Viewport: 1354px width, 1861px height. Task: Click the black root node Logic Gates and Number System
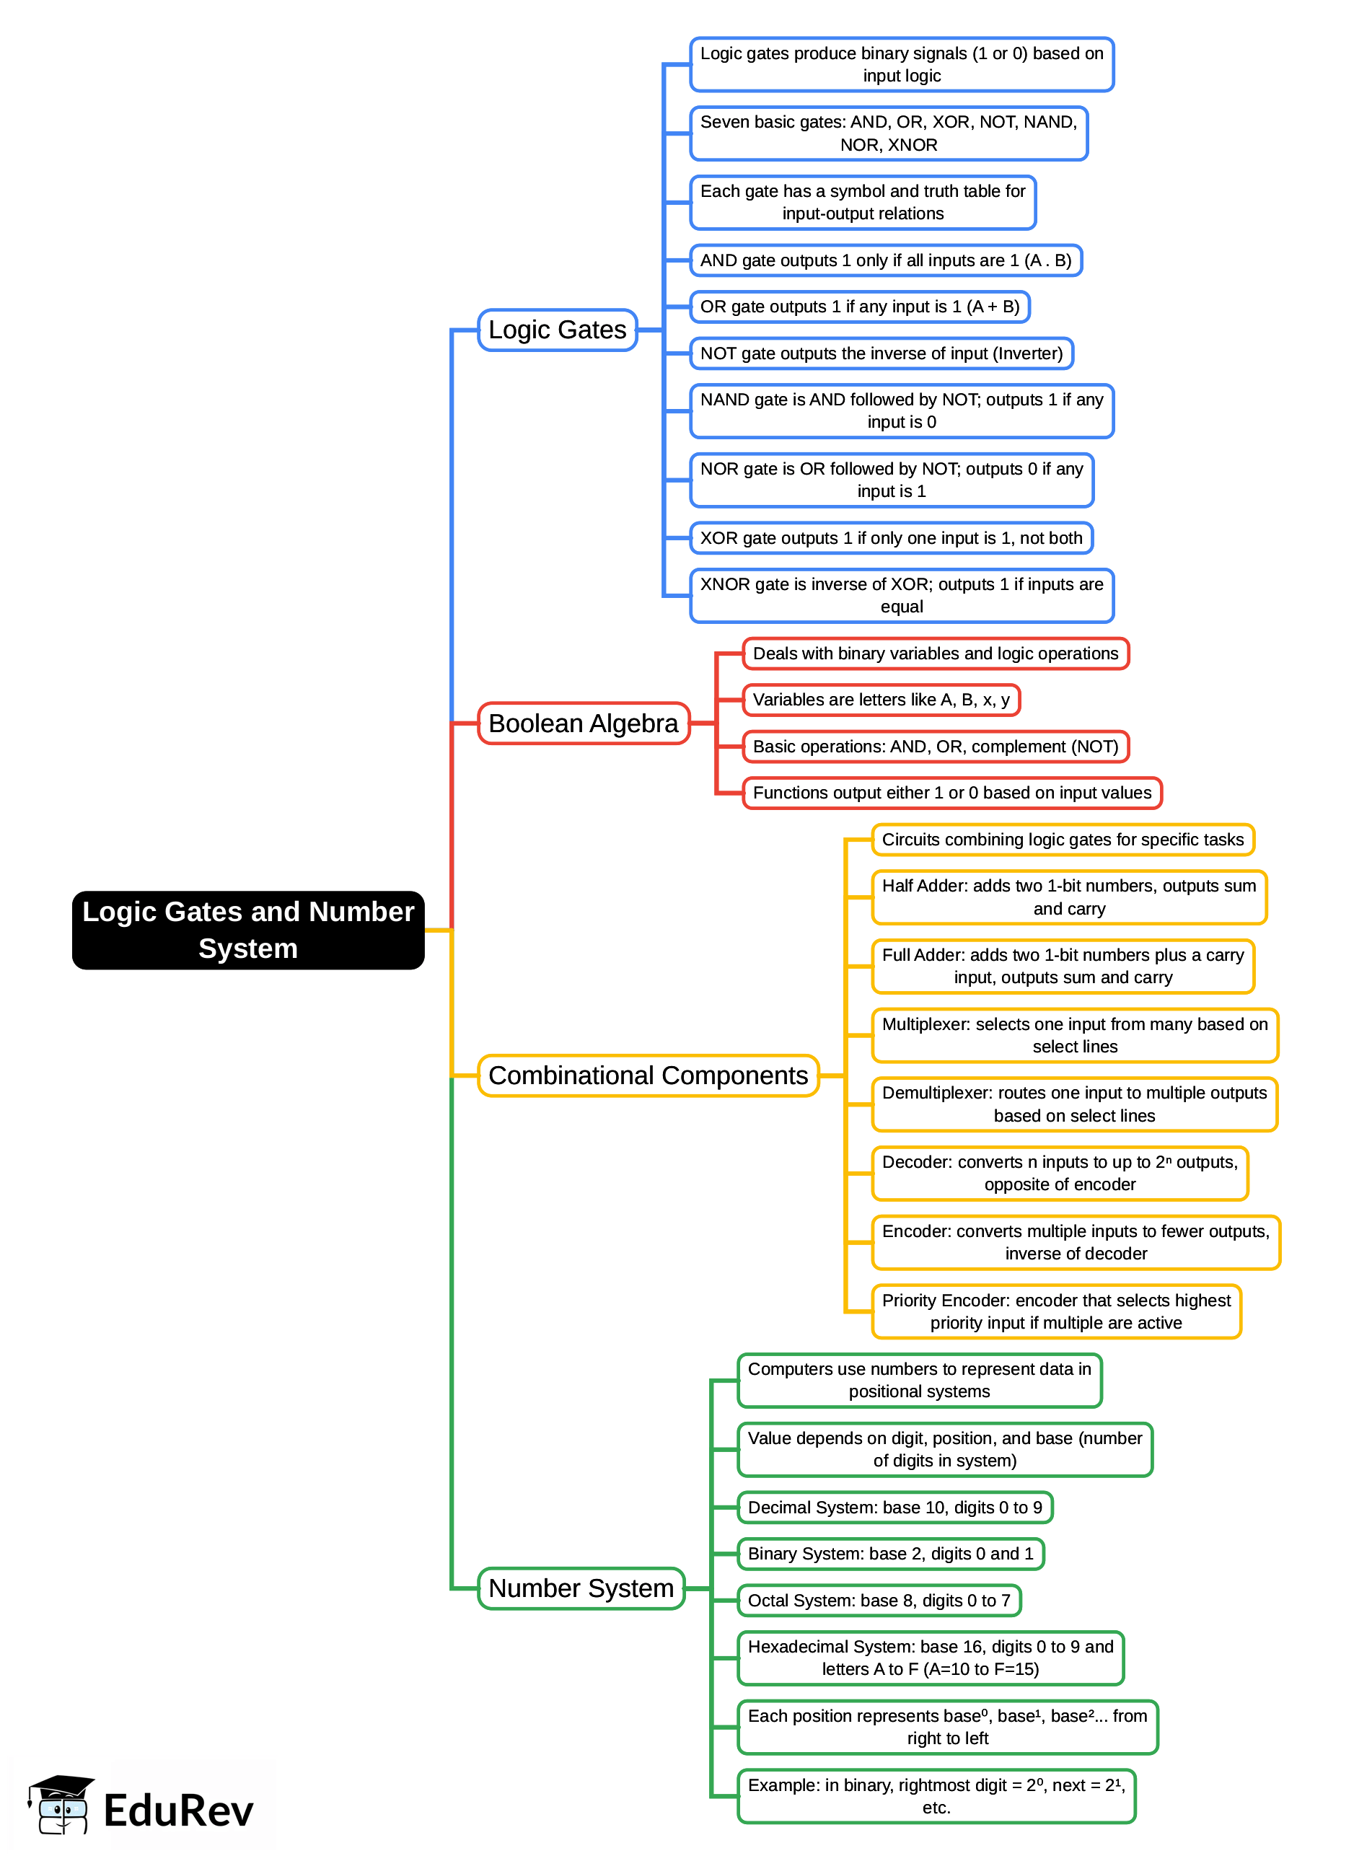(248, 930)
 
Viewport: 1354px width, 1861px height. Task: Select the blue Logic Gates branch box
(557, 330)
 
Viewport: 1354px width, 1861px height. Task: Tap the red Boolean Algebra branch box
(583, 723)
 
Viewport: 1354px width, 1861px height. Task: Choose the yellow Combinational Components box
(648, 1075)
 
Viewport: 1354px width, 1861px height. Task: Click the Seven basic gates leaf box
(888, 133)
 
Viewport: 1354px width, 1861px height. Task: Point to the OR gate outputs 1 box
(859, 307)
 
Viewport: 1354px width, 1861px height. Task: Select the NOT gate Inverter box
(881, 353)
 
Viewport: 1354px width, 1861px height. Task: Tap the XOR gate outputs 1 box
(890, 538)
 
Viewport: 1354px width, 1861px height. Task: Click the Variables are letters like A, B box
(881, 700)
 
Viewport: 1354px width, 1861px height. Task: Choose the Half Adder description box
(1068, 897)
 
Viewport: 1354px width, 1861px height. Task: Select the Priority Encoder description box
(1055, 1311)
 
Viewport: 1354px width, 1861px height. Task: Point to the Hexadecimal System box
(930, 1658)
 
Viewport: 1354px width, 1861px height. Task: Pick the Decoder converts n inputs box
(1060, 1174)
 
